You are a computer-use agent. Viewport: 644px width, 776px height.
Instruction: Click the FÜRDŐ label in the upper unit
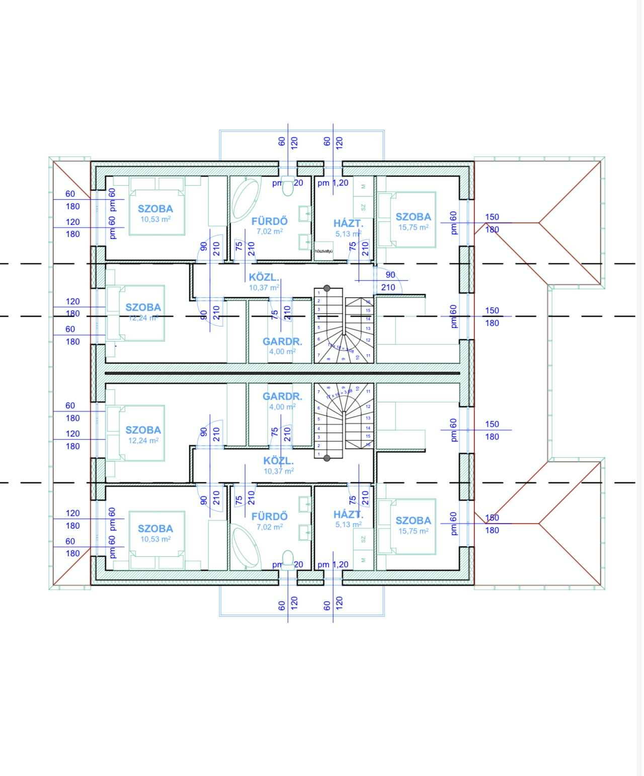270,221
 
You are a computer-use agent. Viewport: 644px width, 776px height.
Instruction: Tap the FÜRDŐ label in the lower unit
270,516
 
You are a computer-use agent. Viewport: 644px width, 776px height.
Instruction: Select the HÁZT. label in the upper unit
348,224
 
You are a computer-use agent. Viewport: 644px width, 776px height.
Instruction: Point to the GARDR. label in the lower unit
282,396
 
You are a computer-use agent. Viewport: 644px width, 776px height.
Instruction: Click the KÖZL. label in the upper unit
264,277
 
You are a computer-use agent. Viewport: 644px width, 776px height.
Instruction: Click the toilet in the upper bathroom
288,187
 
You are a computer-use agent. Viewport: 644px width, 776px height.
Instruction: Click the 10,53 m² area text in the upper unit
155,219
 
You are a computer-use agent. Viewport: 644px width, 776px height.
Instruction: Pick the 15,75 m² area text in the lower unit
414,531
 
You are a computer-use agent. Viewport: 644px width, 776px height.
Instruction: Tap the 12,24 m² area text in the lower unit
143,441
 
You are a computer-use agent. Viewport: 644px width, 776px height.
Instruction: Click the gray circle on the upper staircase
327,288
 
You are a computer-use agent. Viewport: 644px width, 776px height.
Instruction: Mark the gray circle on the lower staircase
327,458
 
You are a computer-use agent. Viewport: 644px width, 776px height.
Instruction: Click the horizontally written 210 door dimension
388,287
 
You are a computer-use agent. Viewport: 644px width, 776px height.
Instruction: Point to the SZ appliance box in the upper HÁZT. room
363,207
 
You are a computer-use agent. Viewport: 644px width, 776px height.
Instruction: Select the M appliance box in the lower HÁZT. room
363,560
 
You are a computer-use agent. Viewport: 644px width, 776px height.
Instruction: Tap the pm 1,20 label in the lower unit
333,564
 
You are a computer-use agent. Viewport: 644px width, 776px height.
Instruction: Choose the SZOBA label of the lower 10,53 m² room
155,529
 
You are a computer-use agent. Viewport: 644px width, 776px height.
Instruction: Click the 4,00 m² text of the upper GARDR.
282,352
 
